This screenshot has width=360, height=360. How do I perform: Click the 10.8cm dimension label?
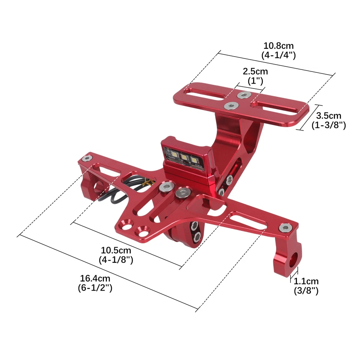click(x=279, y=46)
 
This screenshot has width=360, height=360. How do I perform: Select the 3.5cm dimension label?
click(x=328, y=116)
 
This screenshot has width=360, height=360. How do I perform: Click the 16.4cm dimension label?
click(x=95, y=279)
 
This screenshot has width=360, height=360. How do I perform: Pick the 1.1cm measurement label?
click(x=306, y=281)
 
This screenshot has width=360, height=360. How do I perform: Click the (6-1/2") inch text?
click(x=95, y=288)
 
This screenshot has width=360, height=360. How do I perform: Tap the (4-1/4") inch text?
click(x=279, y=55)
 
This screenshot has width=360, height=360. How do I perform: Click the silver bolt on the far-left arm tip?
click(x=87, y=159)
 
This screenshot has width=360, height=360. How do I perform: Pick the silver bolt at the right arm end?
click(x=286, y=227)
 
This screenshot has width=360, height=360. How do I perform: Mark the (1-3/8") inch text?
click(x=328, y=125)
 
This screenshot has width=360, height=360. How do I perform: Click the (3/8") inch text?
click(x=306, y=290)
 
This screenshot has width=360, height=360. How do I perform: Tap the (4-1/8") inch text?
click(x=116, y=259)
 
